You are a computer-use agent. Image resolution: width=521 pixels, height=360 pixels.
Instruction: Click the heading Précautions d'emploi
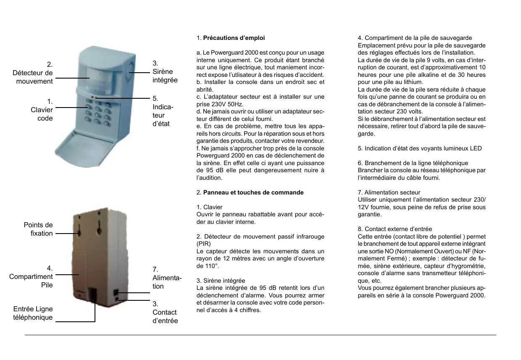[x=234, y=38]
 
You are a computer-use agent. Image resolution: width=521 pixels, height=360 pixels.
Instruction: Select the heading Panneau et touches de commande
[x=253, y=192]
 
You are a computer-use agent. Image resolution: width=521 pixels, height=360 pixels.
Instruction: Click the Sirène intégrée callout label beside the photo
[x=165, y=72]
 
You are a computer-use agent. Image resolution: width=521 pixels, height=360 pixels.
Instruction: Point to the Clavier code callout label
[x=42, y=110]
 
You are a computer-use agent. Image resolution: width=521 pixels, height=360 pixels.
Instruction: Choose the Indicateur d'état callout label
[x=163, y=111]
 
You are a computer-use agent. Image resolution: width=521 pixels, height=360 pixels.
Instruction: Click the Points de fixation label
[x=38, y=229]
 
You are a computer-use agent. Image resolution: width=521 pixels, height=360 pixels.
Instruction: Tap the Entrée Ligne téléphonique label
[x=33, y=313]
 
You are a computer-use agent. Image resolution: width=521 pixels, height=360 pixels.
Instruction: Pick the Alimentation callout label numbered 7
[x=166, y=278]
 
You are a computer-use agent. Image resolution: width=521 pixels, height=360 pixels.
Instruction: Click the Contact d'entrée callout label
[x=165, y=312]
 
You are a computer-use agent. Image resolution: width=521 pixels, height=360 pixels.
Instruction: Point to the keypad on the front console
[x=98, y=112]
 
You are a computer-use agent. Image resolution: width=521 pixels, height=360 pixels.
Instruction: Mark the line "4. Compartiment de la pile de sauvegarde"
[x=415, y=38]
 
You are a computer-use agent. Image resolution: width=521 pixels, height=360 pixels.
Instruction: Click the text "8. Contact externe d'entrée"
[x=395, y=229]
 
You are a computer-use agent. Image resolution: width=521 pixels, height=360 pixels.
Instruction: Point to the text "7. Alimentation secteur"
[x=389, y=192]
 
